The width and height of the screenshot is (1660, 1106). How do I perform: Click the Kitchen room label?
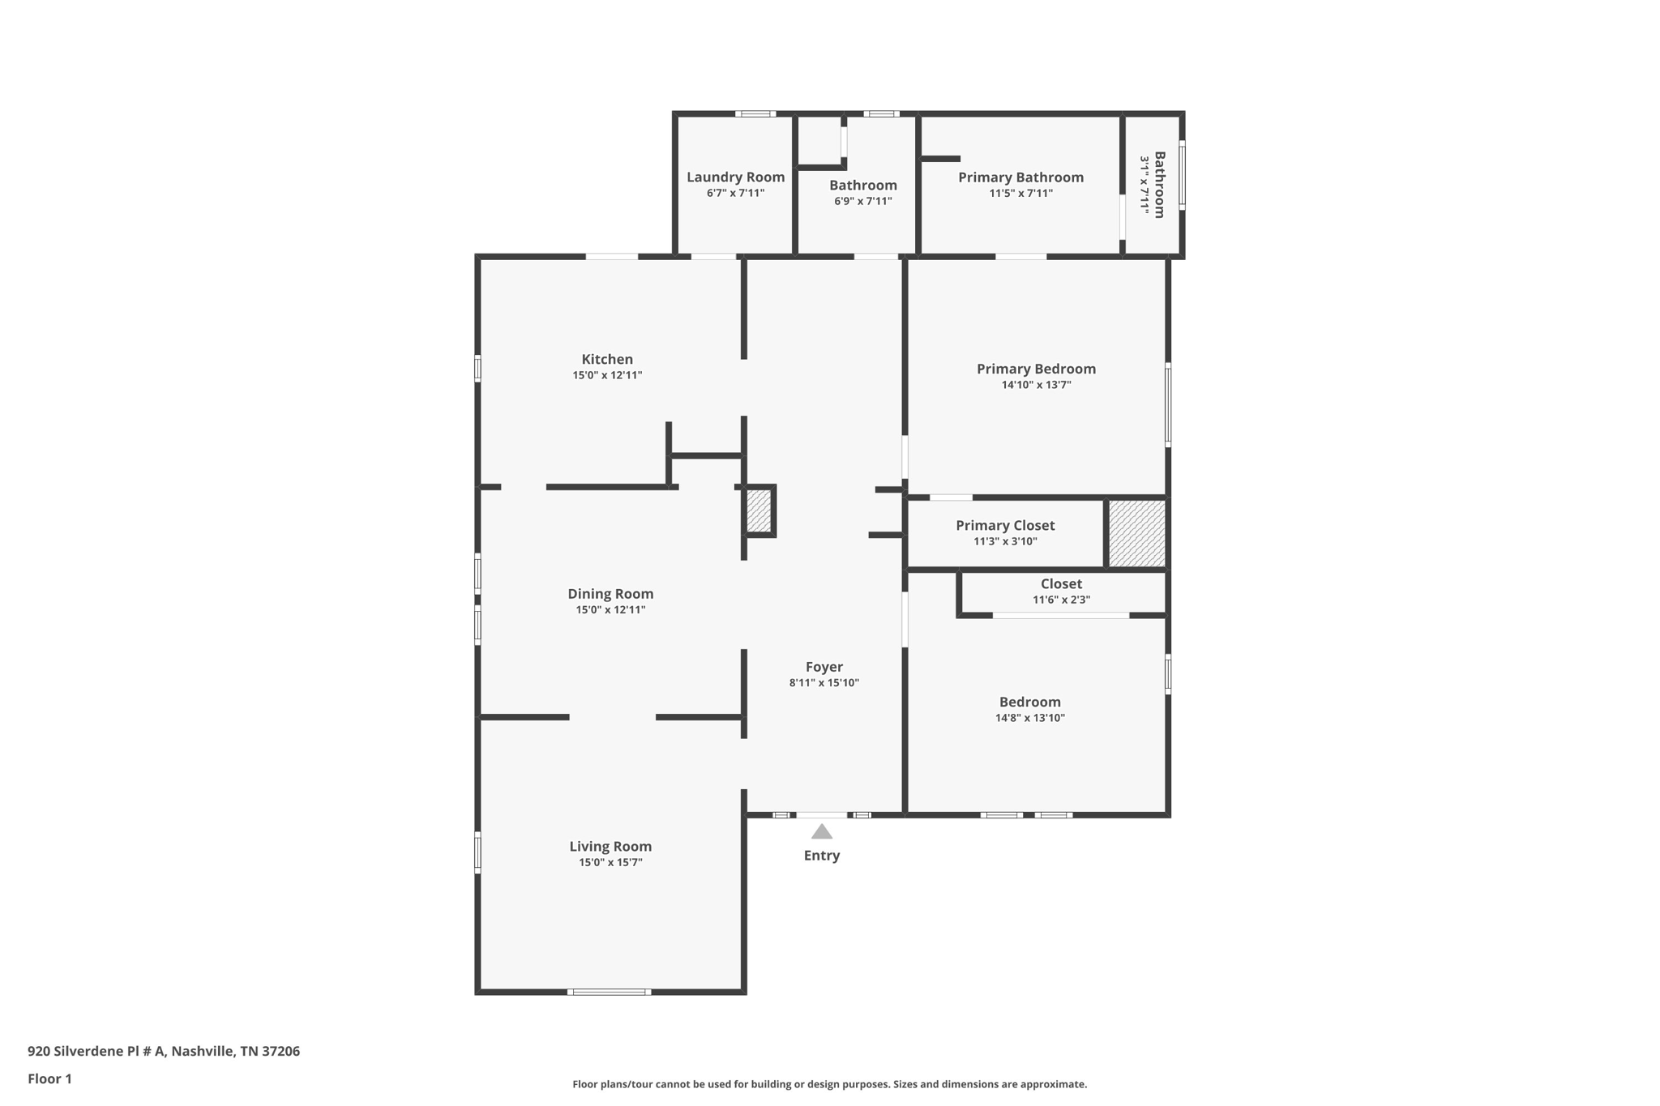[607, 359]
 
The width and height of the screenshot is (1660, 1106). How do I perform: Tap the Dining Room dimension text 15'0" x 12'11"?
[610, 610]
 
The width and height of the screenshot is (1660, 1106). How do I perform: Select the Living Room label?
[610, 846]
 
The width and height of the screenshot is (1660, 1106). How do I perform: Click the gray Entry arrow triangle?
[822, 832]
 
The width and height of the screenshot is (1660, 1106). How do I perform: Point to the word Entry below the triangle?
[822, 856]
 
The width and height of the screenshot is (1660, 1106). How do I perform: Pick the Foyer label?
[824, 667]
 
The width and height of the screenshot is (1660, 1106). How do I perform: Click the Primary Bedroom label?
[1036, 369]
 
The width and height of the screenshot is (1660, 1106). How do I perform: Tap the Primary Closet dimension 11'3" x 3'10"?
[1005, 541]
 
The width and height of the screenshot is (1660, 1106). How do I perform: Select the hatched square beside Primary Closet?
[1136, 533]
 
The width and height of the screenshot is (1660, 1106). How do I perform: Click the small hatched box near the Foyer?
[759, 511]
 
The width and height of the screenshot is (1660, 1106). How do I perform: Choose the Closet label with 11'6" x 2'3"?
[1061, 584]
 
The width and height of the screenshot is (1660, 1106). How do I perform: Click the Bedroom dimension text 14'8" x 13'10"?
[1029, 718]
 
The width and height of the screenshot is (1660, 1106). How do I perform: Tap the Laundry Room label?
[735, 177]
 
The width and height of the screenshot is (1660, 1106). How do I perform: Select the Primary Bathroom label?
[1020, 177]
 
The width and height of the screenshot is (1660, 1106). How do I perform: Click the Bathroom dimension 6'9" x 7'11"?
[862, 201]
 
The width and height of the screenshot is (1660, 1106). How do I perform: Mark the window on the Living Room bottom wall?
[609, 992]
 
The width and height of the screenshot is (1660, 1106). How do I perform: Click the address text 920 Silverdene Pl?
[163, 1051]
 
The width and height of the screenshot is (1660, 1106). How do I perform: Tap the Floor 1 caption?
[49, 1078]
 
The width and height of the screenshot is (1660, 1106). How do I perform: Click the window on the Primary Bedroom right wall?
[1168, 404]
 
